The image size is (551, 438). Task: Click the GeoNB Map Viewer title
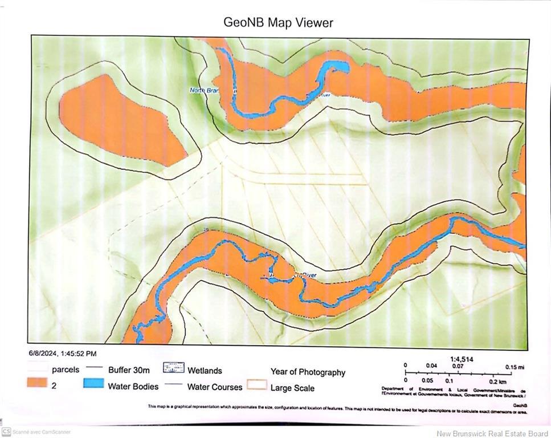pyautogui.click(x=278, y=23)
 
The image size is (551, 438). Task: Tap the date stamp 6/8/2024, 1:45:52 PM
pyautogui.click(x=63, y=354)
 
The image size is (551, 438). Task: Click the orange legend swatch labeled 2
pyautogui.click(x=37, y=383)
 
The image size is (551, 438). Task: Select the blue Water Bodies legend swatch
pyautogui.click(x=93, y=383)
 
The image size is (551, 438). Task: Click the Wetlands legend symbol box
pyautogui.click(x=174, y=367)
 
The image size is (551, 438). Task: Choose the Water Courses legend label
pyautogui.click(x=214, y=387)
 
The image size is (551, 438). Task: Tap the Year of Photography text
pyautogui.click(x=308, y=372)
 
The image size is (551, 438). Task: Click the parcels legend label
pyautogui.click(x=65, y=370)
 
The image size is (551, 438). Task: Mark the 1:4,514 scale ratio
pyautogui.click(x=462, y=359)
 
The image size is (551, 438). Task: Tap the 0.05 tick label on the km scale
pyautogui.click(x=427, y=380)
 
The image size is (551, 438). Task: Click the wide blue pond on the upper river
pyautogui.click(x=336, y=68)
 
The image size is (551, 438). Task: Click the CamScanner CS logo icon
pyautogui.click(x=6, y=432)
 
